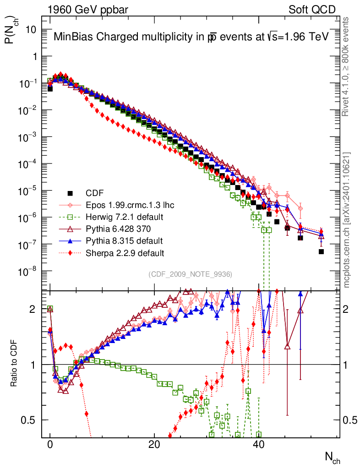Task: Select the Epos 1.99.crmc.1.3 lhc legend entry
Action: pyautogui.click(x=117, y=205)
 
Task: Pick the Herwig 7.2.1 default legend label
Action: pyautogui.click(x=125, y=217)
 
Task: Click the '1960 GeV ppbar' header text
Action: pyautogui.click(x=88, y=10)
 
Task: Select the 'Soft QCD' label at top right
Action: pyautogui.click(x=312, y=10)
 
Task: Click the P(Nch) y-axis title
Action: pyautogui.click(x=11, y=30)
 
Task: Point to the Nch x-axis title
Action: pyautogui.click(x=333, y=458)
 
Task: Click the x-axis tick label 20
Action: pyautogui.click(x=154, y=444)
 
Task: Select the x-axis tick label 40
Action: pyautogui.click(x=258, y=444)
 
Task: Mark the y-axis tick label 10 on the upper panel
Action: pyautogui.click(x=31, y=30)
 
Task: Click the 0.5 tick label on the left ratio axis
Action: pyautogui.click(x=28, y=420)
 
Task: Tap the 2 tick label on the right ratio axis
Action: pyautogui.click(x=346, y=309)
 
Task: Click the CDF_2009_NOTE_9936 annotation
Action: pyautogui.click(x=190, y=274)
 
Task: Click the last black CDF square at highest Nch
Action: pyautogui.click(x=321, y=251)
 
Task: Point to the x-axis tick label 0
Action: pyautogui.click(x=50, y=444)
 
